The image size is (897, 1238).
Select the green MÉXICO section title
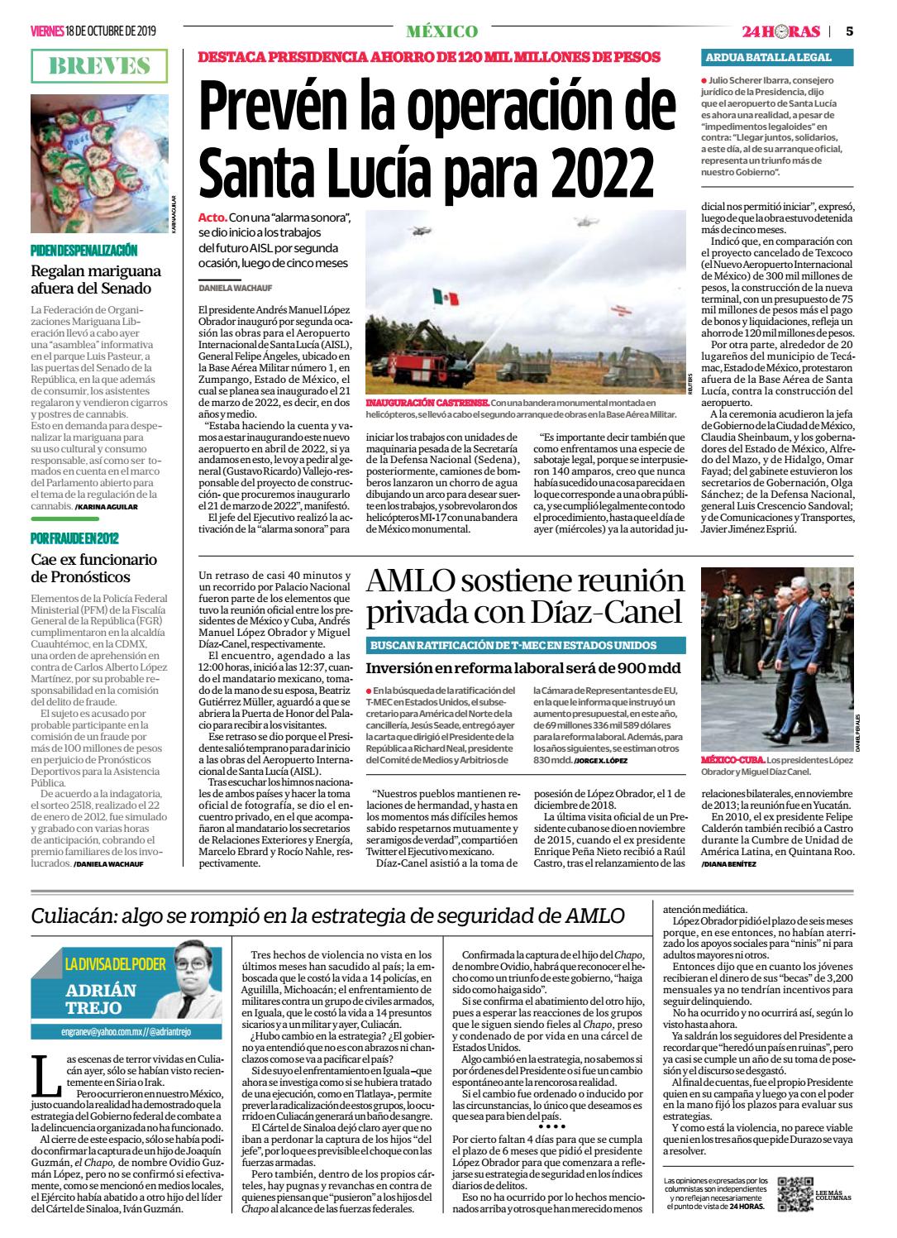pos(441,31)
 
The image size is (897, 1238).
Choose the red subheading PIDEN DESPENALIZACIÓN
pos(84,250)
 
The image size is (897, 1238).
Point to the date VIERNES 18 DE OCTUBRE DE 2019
pos(93,31)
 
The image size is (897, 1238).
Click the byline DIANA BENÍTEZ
pos(728,863)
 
